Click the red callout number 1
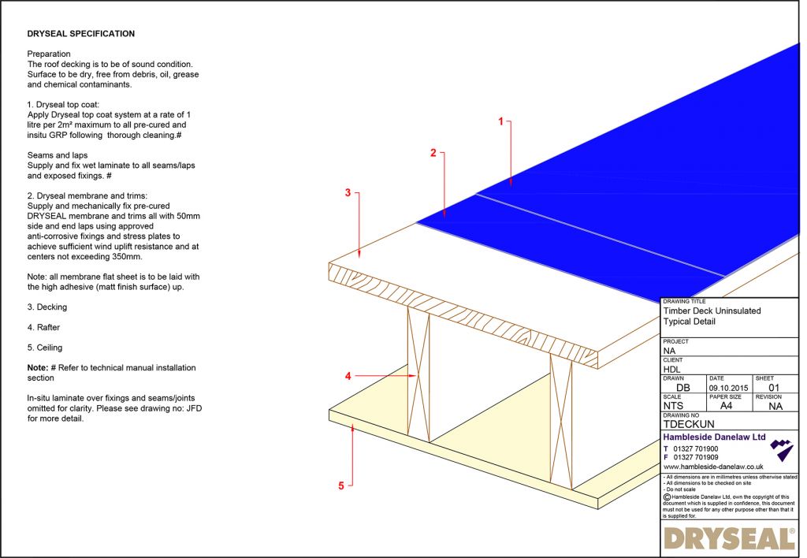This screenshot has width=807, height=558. coord(499,121)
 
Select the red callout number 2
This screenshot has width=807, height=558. coord(433,153)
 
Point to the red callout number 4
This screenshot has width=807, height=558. coord(348,376)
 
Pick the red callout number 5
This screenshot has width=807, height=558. coord(341,485)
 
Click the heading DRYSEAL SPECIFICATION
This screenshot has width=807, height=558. coord(80,34)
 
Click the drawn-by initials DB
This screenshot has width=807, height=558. coord(683,387)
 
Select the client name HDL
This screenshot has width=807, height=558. coord(672,368)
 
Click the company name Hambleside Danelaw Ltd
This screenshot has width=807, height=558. coord(714,437)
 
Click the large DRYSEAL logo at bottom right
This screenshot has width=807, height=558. coord(729,539)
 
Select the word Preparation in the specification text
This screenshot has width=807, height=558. coord(49,54)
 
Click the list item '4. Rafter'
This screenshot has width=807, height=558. coord(44,327)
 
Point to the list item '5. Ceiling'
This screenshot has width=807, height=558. coord(45,348)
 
